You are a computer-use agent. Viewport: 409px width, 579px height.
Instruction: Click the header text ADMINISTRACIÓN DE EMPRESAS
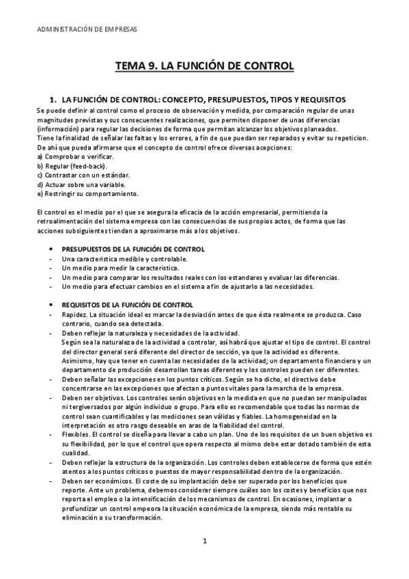[x=85, y=30]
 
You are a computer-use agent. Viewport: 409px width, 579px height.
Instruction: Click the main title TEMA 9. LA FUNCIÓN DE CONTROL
[x=204, y=66]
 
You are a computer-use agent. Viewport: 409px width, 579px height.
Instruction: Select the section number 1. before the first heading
[x=50, y=100]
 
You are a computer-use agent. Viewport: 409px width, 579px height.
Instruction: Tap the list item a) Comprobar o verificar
[x=66, y=157]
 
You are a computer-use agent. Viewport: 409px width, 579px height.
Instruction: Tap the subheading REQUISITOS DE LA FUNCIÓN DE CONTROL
[x=127, y=304]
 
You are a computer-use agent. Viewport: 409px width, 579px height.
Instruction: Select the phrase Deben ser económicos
[x=91, y=481]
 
